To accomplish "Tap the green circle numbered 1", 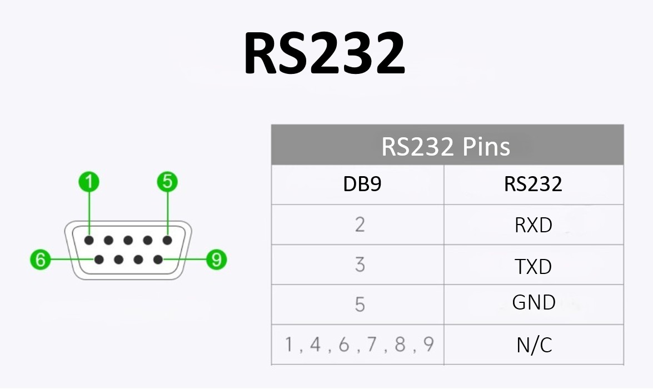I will [x=89, y=182].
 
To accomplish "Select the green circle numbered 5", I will [x=167, y=182].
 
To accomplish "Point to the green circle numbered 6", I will [x=40, y=260].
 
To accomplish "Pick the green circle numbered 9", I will [x=216, y=260].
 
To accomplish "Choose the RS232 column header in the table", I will [x=533, y=184].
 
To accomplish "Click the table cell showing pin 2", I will [x=360, y=225].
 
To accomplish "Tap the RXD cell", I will [x=533, y=225].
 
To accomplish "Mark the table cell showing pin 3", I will [x=360, y=265].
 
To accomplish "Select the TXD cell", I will [x=533, y=267].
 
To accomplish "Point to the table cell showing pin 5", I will [x=360, y=305].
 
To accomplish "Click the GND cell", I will [x=533, y=303].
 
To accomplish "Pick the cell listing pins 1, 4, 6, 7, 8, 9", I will [x=359, y=345].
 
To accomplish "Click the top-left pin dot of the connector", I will [x=89, y=241].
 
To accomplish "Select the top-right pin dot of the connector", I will [x=167, y=241].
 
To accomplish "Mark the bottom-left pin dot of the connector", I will [x=99, y=260].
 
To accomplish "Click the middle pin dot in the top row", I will [x=128, y=241].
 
